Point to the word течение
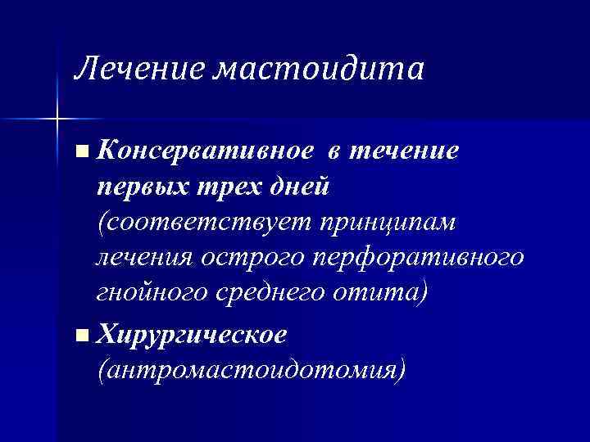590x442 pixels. pyautogui.click(x=406, y=151)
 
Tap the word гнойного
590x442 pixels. pyautogui.click(x=145, y=295)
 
